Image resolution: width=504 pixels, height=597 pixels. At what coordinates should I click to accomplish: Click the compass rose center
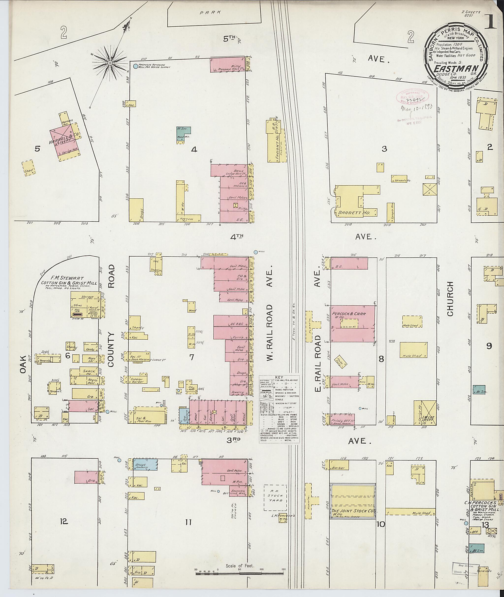pos(110,62)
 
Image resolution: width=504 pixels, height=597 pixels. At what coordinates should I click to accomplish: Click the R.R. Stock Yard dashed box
pos(275,498)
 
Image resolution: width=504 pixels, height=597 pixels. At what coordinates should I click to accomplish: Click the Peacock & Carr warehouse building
pos(353,324)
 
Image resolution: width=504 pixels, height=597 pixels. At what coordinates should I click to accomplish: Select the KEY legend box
pos(279,413)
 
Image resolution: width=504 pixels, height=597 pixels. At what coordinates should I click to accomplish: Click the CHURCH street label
pos(450,299)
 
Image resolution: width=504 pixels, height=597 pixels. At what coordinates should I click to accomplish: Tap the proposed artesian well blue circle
pos(135,66)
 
